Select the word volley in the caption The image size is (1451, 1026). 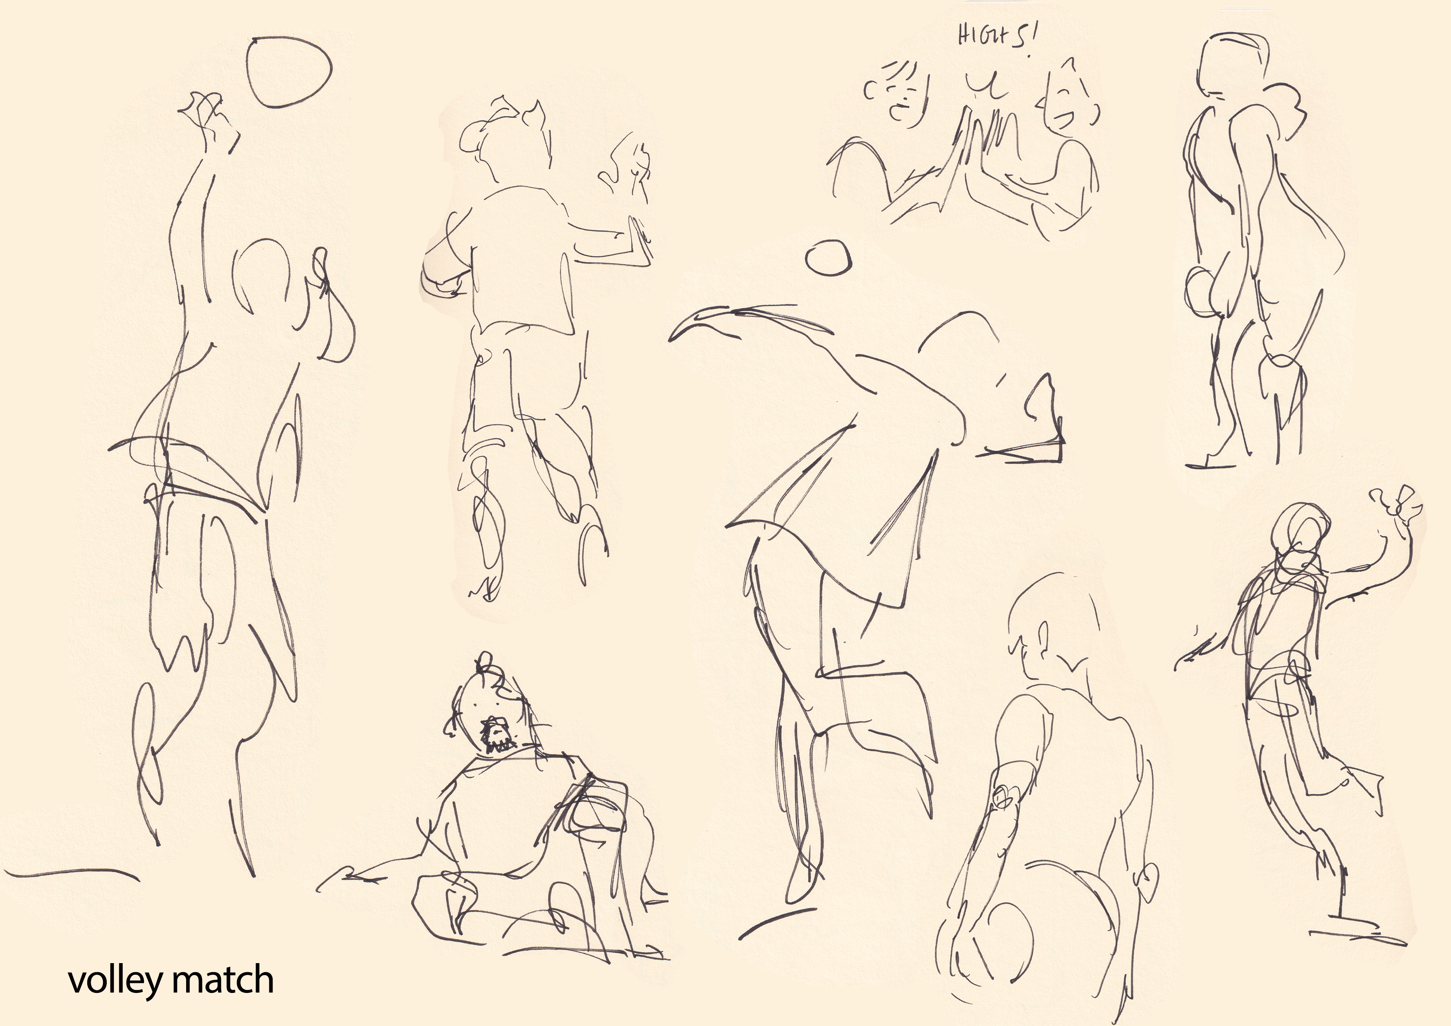click(116, 981)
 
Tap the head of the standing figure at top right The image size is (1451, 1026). click(1226, 66)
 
